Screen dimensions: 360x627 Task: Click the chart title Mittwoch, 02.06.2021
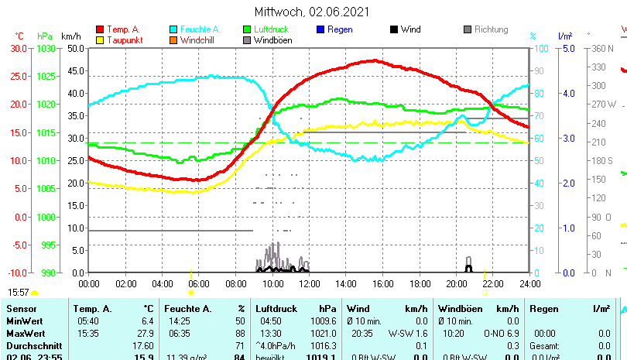312,12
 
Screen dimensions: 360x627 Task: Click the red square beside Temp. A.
100,29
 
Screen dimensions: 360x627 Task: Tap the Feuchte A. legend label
198,29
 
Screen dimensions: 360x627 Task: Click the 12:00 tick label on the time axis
309,284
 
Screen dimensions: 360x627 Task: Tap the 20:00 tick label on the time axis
456,284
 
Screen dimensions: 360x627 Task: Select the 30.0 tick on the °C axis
18,48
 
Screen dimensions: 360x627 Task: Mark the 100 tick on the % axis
539,48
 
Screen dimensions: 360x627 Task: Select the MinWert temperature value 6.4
147,321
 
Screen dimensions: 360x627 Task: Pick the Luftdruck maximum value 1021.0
322,332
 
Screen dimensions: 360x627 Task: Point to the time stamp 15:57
18,293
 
